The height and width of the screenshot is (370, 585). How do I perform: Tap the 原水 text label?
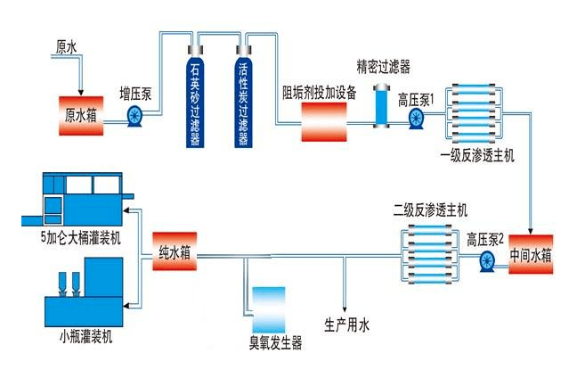click(x=67, y=45)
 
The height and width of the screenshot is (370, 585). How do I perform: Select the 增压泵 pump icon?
click(x=136, y=114)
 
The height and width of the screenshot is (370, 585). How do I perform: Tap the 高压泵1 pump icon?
click(x=416, y=120)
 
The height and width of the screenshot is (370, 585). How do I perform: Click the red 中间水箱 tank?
click(x=532, y=256)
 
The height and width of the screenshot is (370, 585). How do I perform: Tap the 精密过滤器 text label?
click(x=383, y=66)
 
